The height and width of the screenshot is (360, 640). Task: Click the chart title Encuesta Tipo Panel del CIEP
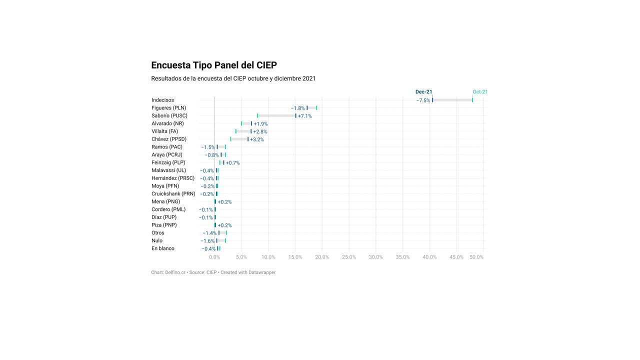point(214,65)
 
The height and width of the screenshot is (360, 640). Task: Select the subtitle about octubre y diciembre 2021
point(233,78)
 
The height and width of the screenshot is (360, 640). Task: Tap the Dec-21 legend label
point(423,92)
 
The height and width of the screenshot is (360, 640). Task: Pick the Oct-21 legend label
point(480,92)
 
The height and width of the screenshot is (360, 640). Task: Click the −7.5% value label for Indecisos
point(423,100)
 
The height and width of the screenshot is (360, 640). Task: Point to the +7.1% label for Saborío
point(305,116)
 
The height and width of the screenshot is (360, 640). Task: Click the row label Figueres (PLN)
point(169,108)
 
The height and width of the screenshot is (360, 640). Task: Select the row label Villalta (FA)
point(165,131)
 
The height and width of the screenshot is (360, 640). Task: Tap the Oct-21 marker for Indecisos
point(472,100)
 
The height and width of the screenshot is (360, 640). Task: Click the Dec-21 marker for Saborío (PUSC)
point(296,116)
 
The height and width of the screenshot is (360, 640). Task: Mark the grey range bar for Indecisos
point(452,100)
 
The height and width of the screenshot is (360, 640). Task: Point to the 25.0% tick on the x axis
point(349,257)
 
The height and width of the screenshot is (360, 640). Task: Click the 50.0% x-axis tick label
point(476,257)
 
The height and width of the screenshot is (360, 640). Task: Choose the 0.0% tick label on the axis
point(214,257)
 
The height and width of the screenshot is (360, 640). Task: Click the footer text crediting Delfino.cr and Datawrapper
point(213,272)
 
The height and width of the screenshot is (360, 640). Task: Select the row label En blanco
point(163,248)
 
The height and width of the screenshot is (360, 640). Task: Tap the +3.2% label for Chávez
point(257,139)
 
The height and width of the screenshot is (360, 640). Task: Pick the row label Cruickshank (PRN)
point(173,194)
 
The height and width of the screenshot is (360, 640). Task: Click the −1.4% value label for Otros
point(209,233)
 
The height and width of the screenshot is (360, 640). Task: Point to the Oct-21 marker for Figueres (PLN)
point(316,108)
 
